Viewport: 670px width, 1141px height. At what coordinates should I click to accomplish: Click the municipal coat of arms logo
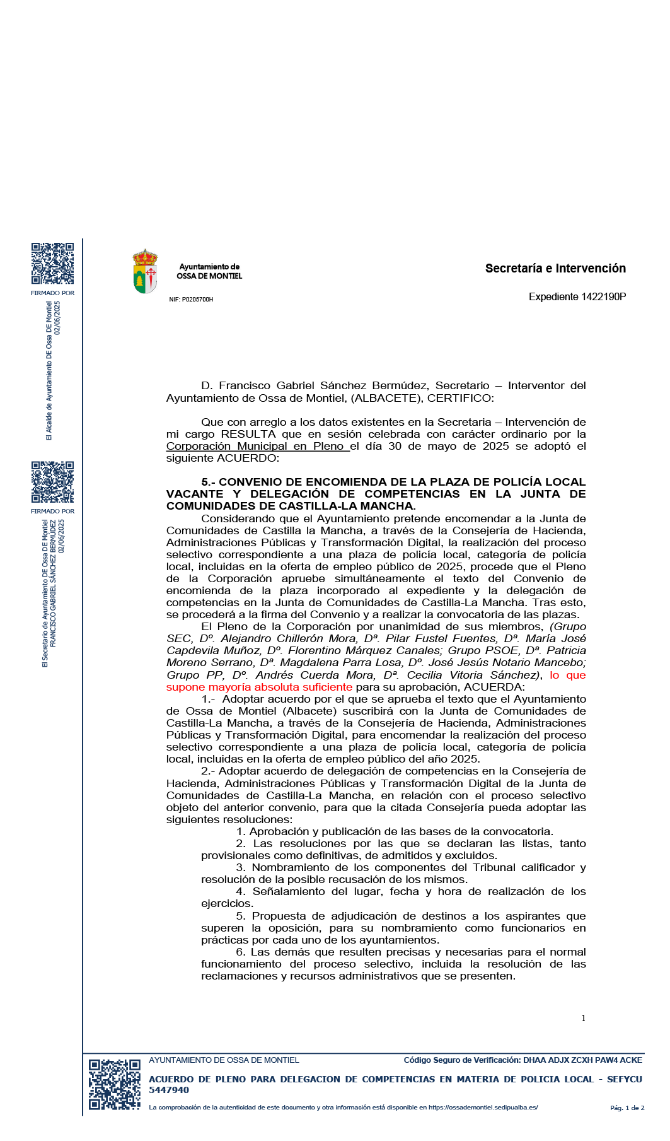coord(145,271)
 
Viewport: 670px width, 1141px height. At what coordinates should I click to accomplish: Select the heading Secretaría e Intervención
coord(555,268)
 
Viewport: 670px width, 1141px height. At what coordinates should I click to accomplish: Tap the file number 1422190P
coord(603,296)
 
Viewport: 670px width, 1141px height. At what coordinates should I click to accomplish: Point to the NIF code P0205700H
coord(197,300)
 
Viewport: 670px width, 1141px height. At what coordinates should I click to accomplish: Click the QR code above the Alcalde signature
coord(52,264)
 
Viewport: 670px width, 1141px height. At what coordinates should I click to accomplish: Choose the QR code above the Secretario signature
coord(52,482)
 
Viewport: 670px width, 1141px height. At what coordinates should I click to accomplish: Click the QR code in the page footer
coord(114,1084)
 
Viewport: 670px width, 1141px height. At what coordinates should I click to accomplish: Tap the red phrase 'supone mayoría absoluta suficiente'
coord(259,687)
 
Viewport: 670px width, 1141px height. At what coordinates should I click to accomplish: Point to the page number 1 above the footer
coord(583,1018)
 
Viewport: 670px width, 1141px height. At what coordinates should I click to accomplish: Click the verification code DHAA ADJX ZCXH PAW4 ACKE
coord(582,1060)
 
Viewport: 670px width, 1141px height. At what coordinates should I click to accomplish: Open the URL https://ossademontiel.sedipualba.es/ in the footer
coord(483,1107)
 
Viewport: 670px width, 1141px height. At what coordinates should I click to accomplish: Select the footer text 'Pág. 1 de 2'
coord(627,1108)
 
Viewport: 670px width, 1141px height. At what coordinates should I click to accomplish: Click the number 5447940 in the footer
coord(169,1090)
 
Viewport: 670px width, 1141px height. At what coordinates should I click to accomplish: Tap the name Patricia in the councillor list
coord(566,650)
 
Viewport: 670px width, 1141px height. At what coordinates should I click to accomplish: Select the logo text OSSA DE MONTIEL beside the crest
coord(209,276)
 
